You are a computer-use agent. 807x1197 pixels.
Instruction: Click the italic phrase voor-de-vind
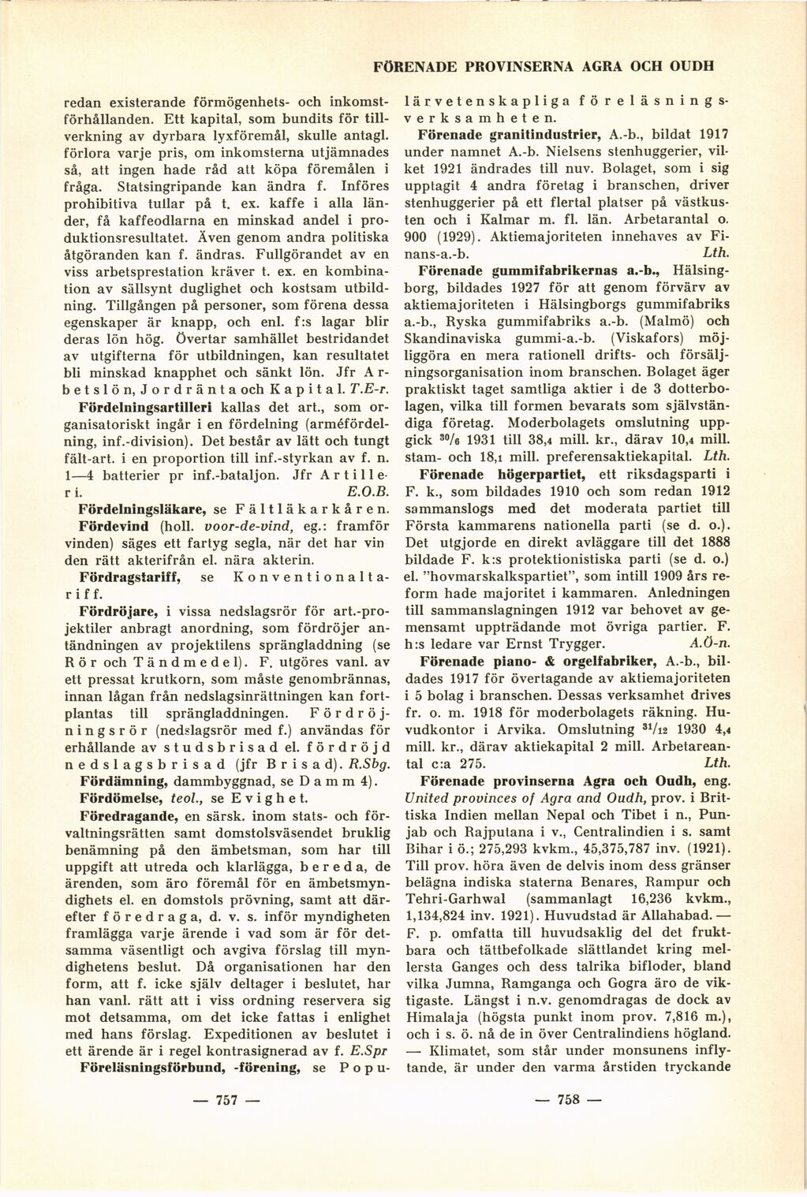[199, 524]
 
